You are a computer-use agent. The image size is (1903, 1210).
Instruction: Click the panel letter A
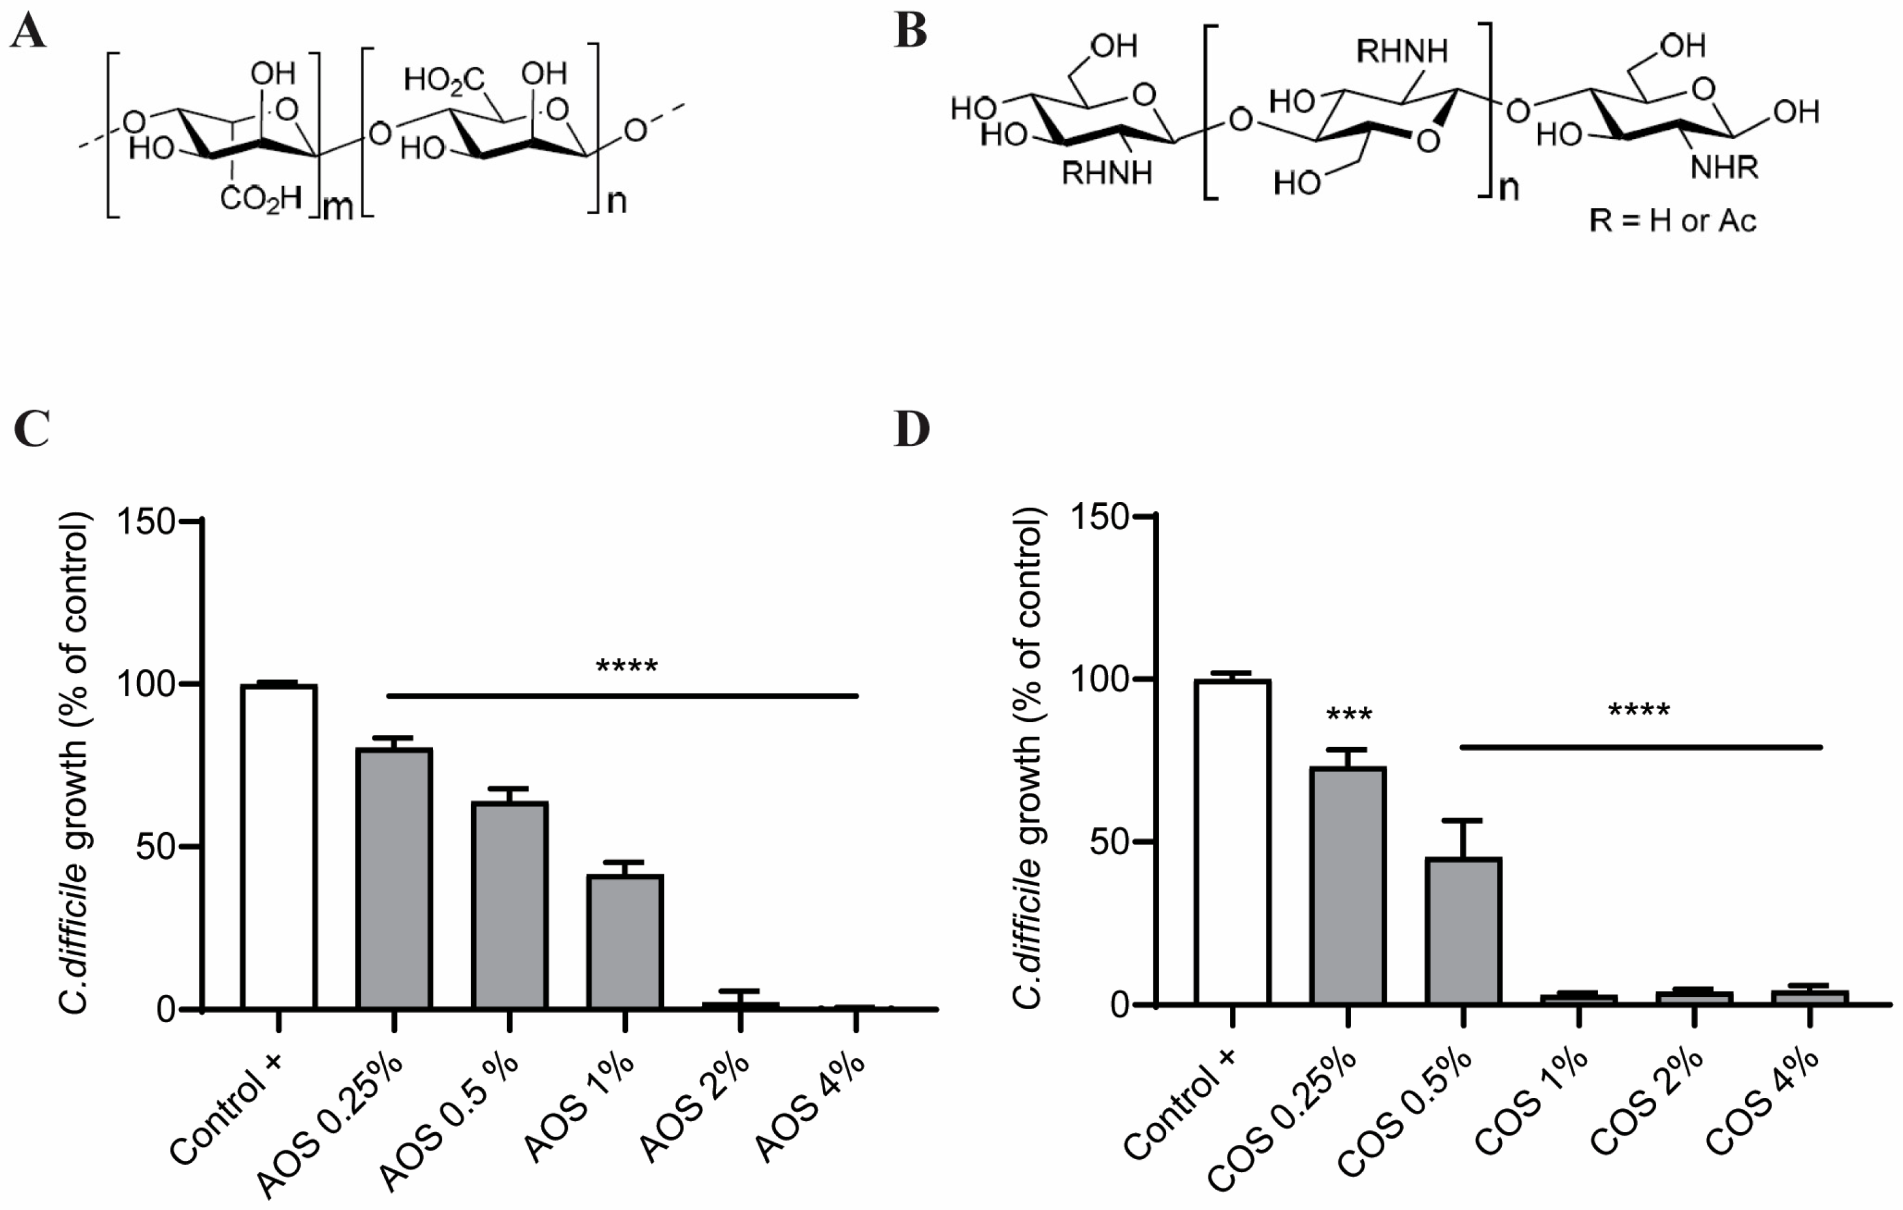28,33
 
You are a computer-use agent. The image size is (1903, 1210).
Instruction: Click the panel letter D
911,429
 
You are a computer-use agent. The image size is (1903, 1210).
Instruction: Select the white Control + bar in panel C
279,846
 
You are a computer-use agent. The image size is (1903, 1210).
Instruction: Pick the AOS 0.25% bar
394,877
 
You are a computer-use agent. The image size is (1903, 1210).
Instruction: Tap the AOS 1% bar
624,941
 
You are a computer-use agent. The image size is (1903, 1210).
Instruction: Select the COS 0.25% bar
1348,885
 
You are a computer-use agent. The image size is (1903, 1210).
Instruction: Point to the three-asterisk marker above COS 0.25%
1349,715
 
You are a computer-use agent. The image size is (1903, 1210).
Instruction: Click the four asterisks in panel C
626,667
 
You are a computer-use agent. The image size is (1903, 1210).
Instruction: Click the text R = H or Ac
1672,220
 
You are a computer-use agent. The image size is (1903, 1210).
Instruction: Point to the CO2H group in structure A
261,198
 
